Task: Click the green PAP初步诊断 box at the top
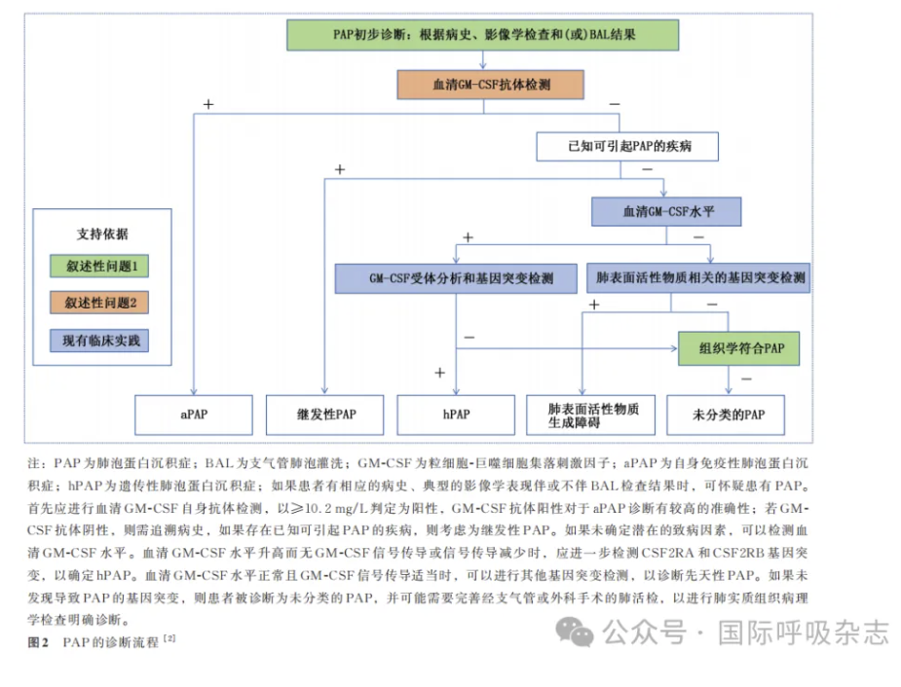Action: click(483, 35)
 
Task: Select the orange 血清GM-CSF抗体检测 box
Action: click(491, 85)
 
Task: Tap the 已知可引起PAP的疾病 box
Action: click(627, 146)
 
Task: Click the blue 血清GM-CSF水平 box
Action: click(666, 212)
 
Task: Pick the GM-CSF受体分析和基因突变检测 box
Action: click(456, 278)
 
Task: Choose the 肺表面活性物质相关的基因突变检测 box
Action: click(698, 277)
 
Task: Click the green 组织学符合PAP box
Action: click(739, 348)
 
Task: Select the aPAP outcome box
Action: click(194, 415)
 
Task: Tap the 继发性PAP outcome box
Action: click(324, 415)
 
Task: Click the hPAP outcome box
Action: click(456, 415)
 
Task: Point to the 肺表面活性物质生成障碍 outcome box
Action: click(590, 415)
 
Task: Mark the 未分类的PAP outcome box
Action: click(726, 415)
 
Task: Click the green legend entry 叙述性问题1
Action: click(99, 267)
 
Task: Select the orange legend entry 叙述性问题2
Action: click(99, 303)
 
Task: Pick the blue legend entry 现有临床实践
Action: click(99, 341)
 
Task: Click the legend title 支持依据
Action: click(102, 235)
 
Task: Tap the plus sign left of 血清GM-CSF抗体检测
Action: click(208, 104)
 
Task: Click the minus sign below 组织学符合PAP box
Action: click(746, 379)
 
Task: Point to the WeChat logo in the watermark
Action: click(575, 632)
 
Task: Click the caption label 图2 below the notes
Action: click(38, 642)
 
